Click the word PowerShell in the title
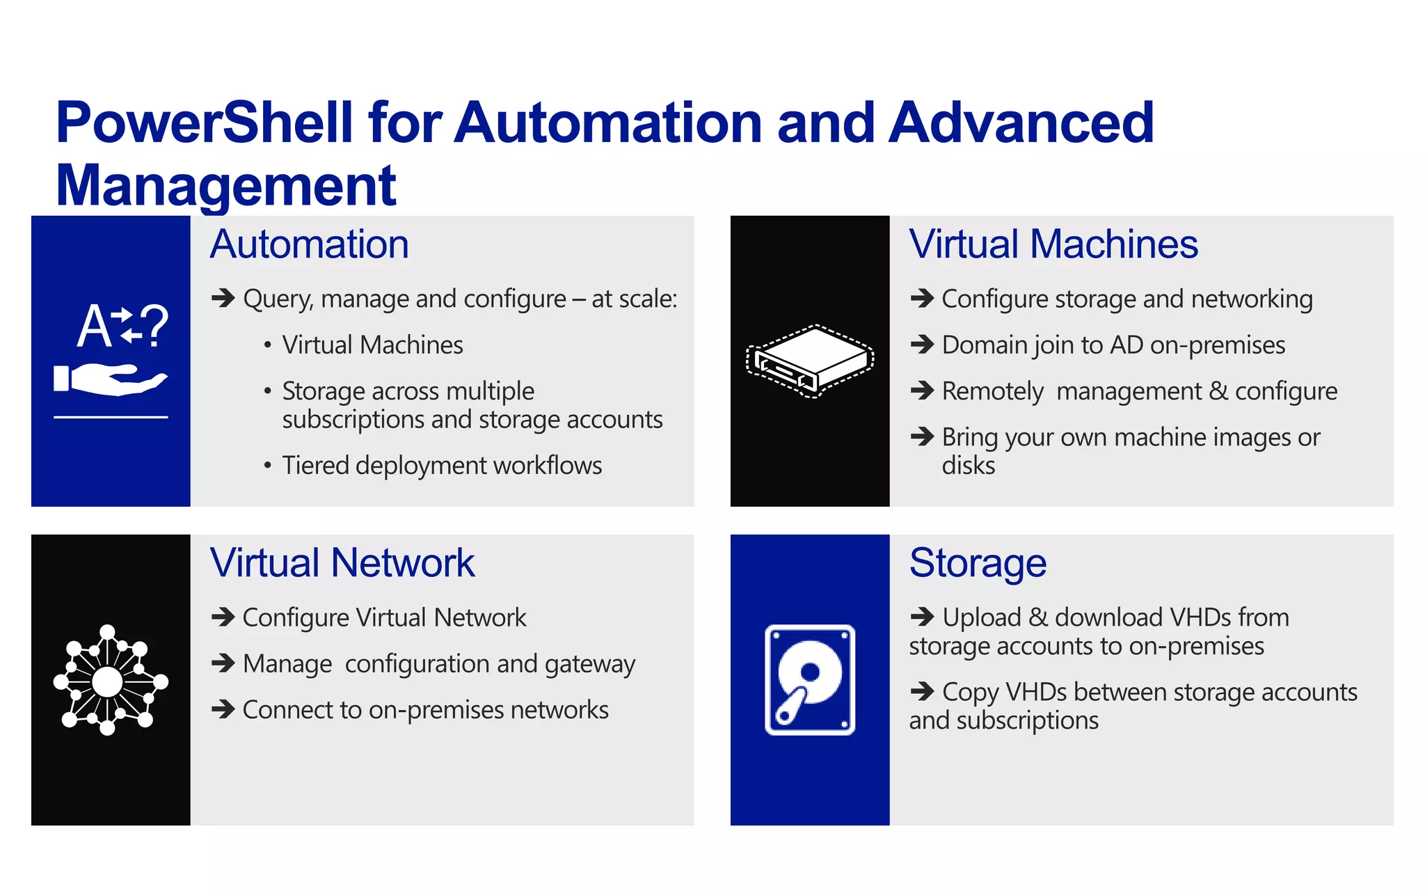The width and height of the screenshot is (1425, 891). [205, 123]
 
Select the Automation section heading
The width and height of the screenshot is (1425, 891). [310, 244]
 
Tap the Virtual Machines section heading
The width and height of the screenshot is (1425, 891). [1053, 244]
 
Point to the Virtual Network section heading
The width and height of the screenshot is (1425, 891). [342, 563]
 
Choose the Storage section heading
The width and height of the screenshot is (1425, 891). [978, 563]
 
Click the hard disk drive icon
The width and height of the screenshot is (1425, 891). [810, 679]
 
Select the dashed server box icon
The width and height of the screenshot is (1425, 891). [810, 361]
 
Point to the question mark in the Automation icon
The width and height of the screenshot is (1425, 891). [154, 325]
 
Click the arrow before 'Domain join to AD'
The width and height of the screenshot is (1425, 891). [923, 345]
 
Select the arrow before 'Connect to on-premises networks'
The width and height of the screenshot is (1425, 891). [223, 709]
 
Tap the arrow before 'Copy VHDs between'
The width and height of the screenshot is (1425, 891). [923, 691]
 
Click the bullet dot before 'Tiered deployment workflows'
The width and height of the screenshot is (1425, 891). [267, 466]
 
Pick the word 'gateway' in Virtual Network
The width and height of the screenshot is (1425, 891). [590, 664]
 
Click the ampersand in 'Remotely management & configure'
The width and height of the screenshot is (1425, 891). [1218, 391]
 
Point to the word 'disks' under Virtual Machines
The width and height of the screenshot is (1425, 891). [968, 466]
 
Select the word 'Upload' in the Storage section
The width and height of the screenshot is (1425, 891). [981, 617]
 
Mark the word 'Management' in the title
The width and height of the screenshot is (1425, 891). [225, 186]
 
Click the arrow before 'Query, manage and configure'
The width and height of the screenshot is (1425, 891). [223, 298]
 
